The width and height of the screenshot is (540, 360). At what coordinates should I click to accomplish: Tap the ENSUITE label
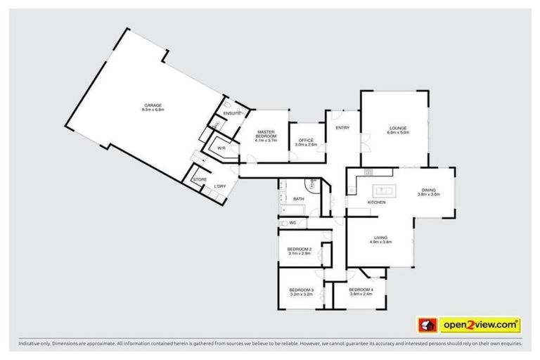tap(232, 113)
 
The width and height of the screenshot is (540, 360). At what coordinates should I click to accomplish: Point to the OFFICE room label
tap(306, 140)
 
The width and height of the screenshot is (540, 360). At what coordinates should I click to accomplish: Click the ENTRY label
tap(342, 127)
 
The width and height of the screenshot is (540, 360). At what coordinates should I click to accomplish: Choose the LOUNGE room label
tap(399, 127)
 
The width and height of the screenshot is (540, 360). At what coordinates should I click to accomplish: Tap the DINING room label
tap(429, 190)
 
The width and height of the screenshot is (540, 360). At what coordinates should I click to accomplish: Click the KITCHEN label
tap(377, 202)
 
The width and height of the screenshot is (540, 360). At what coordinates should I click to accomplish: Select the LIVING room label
tap(380, 237)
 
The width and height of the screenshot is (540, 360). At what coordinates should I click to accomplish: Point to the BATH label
tap(299, 199)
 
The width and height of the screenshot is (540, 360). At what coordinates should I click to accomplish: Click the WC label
tap(292, 223)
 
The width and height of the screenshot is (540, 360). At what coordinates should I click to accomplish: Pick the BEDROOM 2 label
tap(300, 250)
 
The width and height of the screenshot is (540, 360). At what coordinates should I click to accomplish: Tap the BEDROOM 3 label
tap(301, 290)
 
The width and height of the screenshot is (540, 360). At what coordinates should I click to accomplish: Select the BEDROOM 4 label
tap(361, 290)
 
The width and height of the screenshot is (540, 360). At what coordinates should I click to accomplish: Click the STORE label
tap(200, 180)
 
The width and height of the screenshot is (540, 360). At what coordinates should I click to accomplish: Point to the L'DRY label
tap(220, 186)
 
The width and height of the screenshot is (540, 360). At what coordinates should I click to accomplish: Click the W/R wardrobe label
tap(221, 148)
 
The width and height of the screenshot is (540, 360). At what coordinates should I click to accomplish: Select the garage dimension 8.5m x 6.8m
tap(152, 110)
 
